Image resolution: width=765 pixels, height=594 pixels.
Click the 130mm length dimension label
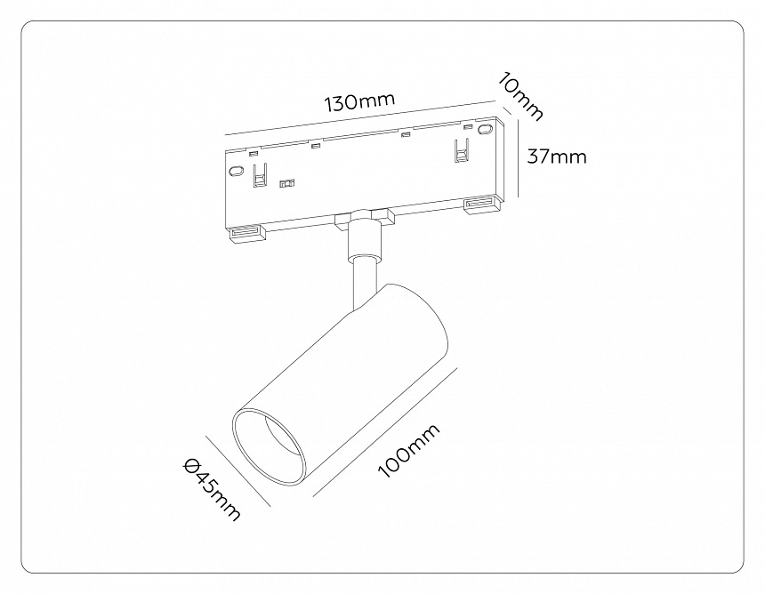pyautogui.click(x=359, y=101)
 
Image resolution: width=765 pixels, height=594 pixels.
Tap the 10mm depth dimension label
pyautogui.click(x=520, y=97)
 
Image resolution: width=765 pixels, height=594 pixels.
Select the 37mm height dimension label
pyautogui.click(x=557, y=157)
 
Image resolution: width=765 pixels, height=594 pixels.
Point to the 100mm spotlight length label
pyautogui.click(x=409, y=451)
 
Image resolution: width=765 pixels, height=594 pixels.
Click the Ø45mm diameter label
pyautogui.click(x=212, y=490)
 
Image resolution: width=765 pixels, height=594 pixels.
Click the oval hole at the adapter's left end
pyautogui.click(x=236, y=172)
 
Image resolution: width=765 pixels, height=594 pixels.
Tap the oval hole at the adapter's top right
pyautogui.click(x=485, y=130)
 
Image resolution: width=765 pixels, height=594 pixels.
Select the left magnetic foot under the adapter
pyautogui.click(x=246, y=234)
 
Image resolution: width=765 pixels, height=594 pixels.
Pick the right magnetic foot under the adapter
pyautogui.click(x=482, y=206)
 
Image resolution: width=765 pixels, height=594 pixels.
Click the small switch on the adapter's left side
pyautogui.click(x=286, y=184)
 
